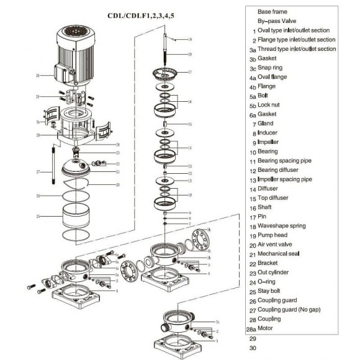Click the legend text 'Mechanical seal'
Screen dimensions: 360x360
[279, 253]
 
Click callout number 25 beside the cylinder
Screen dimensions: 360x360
[38, 216]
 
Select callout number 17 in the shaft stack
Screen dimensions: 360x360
[190, 72]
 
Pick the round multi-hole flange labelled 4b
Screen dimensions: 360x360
[200, 240]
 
